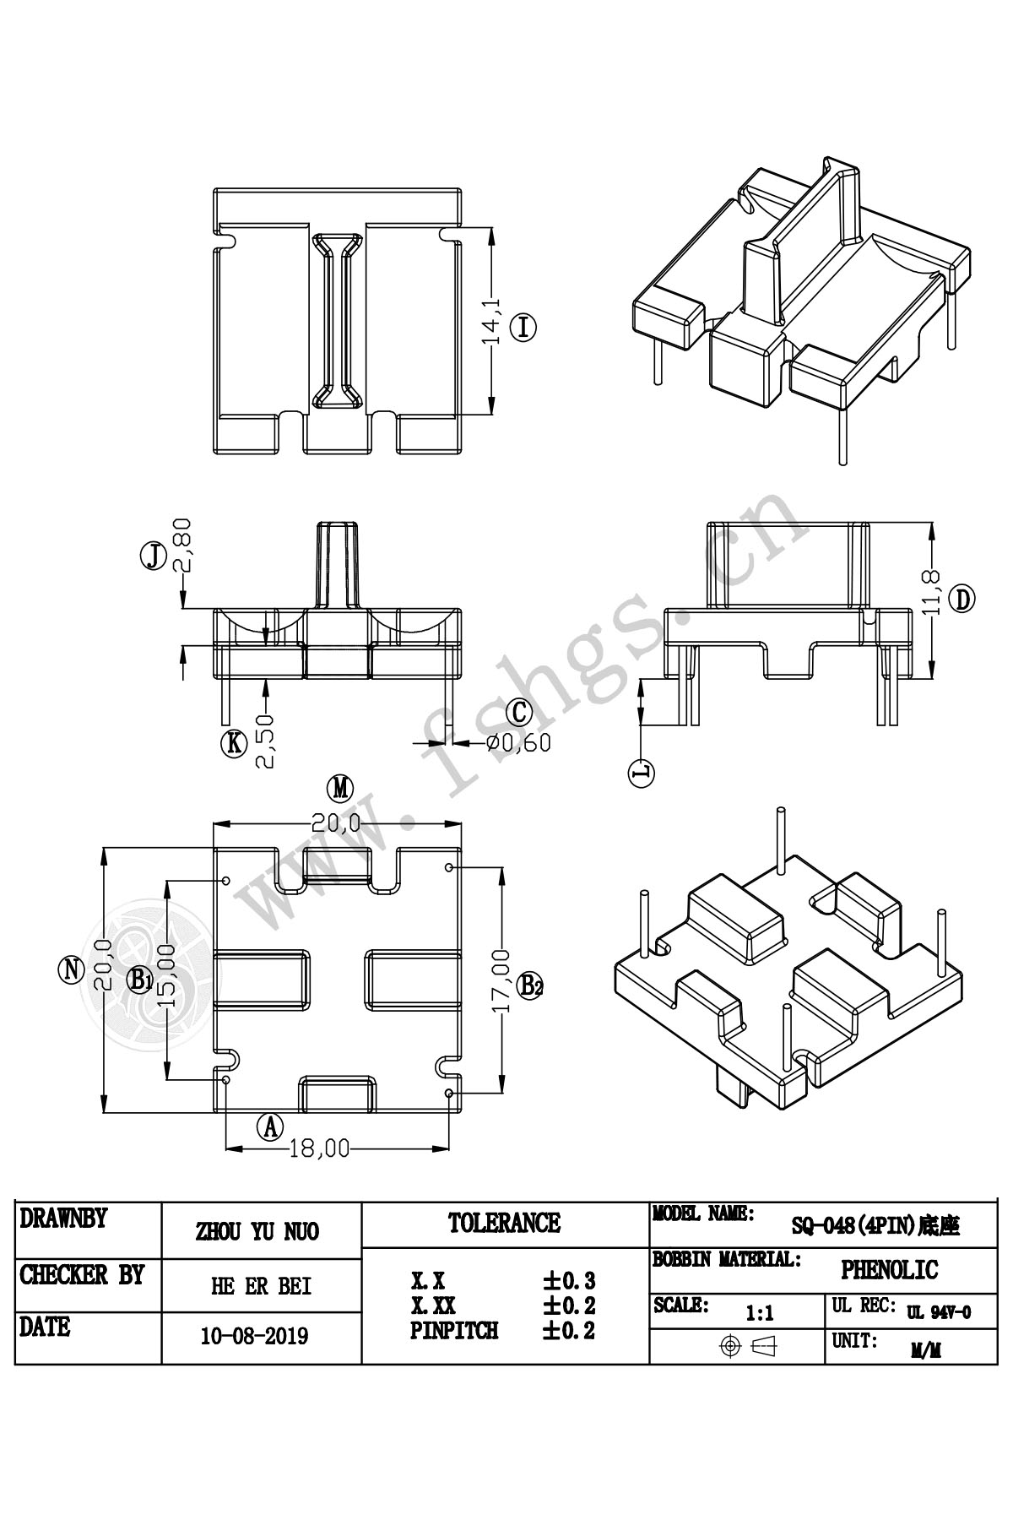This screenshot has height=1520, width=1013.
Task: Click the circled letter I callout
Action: tap(524, 326)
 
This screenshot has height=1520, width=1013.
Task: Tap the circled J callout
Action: tap(153, 556)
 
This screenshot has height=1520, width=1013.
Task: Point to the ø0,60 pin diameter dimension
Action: tap(517, 742)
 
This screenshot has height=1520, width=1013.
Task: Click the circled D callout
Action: tap(962, 599)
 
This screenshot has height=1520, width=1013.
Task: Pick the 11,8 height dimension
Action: tap(932, 592)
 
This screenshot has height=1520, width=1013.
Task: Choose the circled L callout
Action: tap(642, 772)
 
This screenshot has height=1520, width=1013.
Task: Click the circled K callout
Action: tap(233, 743)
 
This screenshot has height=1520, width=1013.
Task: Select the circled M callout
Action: tap(339, 788)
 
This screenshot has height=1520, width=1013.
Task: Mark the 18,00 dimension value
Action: tap(319, 1148)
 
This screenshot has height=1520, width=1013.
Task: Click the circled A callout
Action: tap(270, 1126)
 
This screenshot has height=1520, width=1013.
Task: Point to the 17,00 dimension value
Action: tap(501, 981)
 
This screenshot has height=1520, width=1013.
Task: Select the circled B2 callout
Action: tap(530, 985)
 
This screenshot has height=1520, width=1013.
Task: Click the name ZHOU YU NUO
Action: tap(257, 1232)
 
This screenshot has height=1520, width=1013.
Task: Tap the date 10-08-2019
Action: tap(255, 1336)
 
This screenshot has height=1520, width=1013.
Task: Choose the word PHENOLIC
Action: tap(889, 1269)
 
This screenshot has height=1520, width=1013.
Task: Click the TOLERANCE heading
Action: tap(504, 1223)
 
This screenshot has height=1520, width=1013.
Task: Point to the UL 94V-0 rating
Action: tap(939, 1312)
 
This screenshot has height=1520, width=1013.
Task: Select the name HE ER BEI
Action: tap(261, 1286)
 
